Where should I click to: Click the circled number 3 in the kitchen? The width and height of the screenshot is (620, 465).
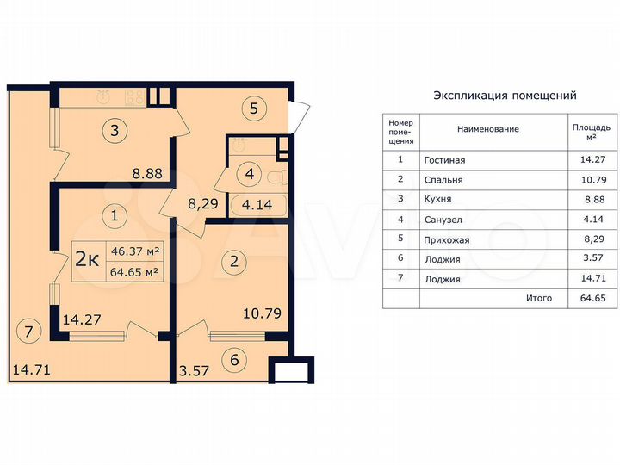pos(115,132)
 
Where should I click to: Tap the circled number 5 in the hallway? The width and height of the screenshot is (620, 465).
pos(253,109)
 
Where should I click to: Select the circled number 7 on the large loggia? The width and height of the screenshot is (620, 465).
pos(28,331)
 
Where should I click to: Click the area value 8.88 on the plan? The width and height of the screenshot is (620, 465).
pos(146,173)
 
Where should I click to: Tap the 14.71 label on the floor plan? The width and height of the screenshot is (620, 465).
pos(31,371)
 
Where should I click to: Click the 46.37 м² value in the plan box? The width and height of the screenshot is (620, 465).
pos(135,251)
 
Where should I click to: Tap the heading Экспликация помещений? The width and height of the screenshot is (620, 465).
pos(505,96)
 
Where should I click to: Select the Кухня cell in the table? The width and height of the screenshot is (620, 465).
pos(438,200)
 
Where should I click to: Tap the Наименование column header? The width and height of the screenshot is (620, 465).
pos(487,129)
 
